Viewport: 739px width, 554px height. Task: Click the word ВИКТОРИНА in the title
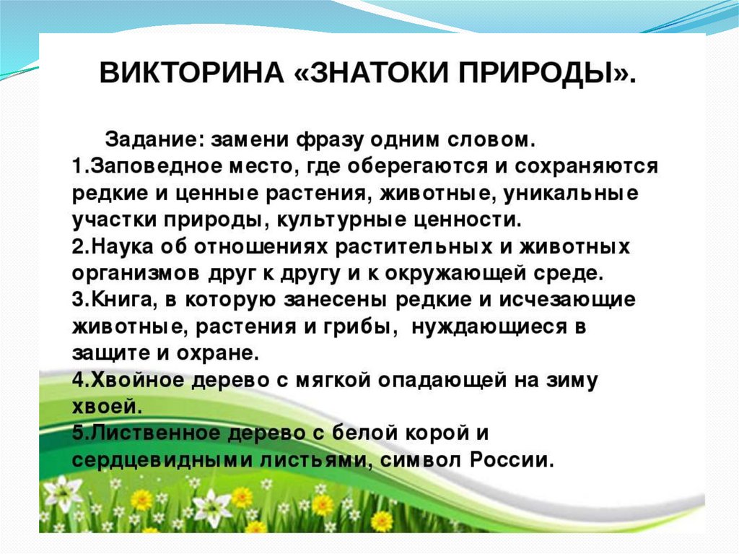[191, 73]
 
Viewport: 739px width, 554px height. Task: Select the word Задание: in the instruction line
[154, 139]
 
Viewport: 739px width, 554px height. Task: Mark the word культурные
[341, 220]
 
